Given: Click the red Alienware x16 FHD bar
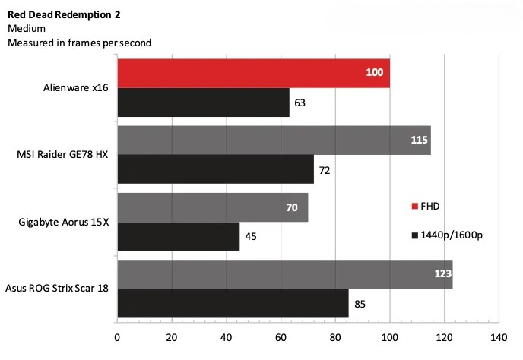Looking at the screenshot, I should click(x=253, y=74).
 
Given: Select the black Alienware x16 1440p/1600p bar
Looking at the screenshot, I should click(x=203, y=103).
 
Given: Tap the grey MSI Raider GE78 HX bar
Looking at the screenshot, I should click(x=274, y=140).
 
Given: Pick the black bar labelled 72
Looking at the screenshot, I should click(x=215, y=169).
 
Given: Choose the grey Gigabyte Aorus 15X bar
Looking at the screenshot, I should click(x=212, y=207).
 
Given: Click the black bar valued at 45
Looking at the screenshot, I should click(x=178, y=236).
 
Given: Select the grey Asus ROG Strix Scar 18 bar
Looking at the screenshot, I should click(x=284, y=273).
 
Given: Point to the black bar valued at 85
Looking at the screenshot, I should click(x=233, y=303).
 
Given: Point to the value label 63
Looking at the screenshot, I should click(x=300, y=103).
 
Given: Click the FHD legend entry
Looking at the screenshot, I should click(x=425, y=206).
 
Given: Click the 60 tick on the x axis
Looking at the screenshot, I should click(x=281, y=336).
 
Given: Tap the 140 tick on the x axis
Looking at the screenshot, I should click(x=499, y=336).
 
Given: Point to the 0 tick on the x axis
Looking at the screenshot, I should click(x=117, y=336).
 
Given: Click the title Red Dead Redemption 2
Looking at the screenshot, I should click(x=63, y=14).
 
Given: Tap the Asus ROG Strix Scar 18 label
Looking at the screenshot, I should click(x=57, y=289).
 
